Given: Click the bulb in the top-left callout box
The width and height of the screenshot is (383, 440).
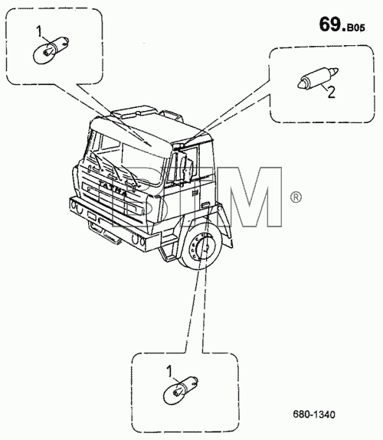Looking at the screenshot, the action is click(51, 50).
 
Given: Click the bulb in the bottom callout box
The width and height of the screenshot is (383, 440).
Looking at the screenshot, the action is click(181, 389).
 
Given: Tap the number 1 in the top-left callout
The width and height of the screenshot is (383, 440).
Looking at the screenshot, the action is click(39, 31).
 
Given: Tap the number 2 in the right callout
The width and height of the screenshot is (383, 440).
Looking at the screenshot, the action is click(332, 92).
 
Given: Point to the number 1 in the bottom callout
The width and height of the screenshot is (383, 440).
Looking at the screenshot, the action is click(170, 371).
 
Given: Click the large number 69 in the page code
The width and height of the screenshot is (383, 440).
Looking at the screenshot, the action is click(330, 24).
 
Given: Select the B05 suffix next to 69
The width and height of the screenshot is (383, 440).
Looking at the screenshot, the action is click(355, 28).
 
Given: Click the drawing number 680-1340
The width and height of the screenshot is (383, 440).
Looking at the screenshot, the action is click(314, 415).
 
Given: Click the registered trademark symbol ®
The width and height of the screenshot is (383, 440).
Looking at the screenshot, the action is click(296, 197).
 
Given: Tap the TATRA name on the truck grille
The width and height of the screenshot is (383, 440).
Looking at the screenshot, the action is click(114, 189).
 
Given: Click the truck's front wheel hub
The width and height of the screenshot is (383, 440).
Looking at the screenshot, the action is click(205, 247).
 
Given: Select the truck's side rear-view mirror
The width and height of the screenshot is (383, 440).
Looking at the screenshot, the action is click(187, 168).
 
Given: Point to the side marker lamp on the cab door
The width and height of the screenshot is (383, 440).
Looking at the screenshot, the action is click(205, 204).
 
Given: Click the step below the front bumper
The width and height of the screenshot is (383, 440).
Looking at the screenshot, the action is click(104, 232).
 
